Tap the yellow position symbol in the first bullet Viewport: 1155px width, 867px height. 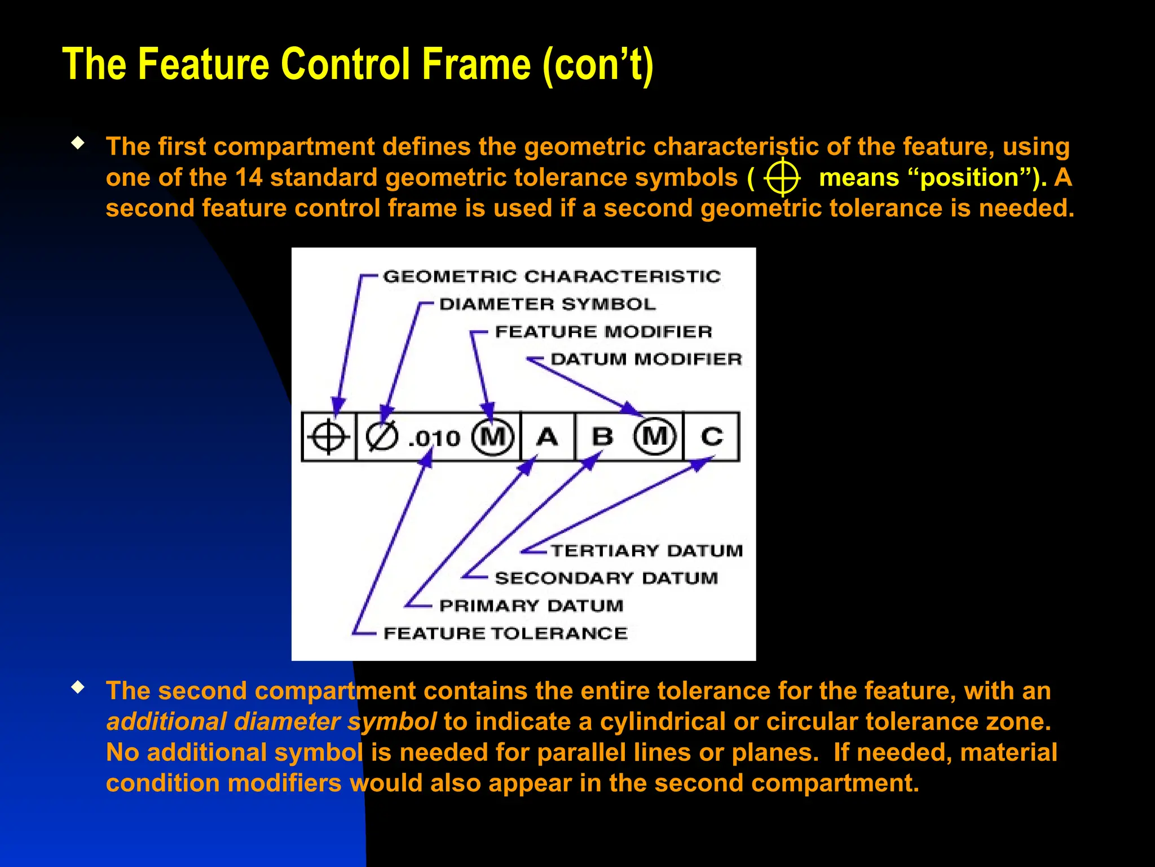[782, 178]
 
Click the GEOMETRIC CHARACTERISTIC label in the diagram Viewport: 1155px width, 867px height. [552, 276]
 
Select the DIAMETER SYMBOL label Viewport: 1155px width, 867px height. [547, 304]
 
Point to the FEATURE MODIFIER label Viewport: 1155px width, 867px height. [603, 331]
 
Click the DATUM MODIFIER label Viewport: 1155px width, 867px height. [646, 359]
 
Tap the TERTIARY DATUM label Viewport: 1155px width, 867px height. [646, 550]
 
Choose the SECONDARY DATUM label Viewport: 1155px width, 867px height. [606, 578]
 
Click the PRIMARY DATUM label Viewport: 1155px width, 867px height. [531, 606]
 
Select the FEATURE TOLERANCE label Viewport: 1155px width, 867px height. [505, 633]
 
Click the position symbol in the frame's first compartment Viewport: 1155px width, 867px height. [328, 437]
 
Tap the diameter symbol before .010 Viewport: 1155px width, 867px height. [382, 437]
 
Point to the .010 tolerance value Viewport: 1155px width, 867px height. [434, 439]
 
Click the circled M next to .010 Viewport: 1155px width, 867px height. [493, 437]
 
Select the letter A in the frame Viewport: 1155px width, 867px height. [547, 437]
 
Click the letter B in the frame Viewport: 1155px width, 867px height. [602, 437]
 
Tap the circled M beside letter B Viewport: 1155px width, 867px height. [654, 436]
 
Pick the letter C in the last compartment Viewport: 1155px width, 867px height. [711, 437]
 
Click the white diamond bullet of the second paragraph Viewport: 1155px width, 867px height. [78, 688]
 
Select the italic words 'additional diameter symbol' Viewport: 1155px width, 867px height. [271, 722]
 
